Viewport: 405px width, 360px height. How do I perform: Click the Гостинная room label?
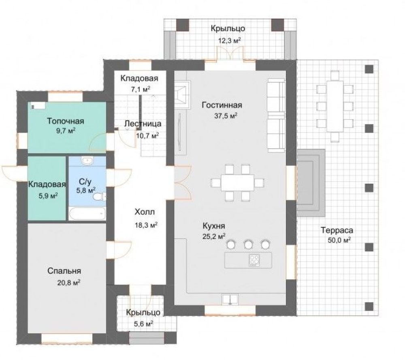tap(222, 105)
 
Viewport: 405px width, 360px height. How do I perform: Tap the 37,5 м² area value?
tap(226, 116)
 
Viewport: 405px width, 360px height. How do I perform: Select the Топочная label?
tap(66, 121)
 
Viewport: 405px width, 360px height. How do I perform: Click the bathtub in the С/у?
tap(87, 213)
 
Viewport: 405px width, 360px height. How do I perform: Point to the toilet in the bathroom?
tap(99, 197)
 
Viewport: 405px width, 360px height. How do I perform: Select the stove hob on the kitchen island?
tap(254, 260)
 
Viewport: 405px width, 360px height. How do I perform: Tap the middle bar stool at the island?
tap(248, 244)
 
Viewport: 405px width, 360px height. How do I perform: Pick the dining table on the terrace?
tap(335, 106)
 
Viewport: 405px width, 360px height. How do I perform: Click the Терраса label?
tap(337, 230)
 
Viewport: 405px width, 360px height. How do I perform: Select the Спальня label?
tap(64, 271)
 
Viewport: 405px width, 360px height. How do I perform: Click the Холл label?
tap(145, 212)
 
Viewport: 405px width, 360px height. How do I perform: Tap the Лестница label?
tap(143, 124)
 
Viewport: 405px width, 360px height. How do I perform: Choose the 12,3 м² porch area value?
tap(230, 41)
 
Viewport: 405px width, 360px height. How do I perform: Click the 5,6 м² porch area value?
tap(143, 323)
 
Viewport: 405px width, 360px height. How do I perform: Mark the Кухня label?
tap(214, 226)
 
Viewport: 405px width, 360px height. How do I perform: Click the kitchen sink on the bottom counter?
tap(230, 299)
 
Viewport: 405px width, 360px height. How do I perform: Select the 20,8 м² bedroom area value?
tap(69, 283)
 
